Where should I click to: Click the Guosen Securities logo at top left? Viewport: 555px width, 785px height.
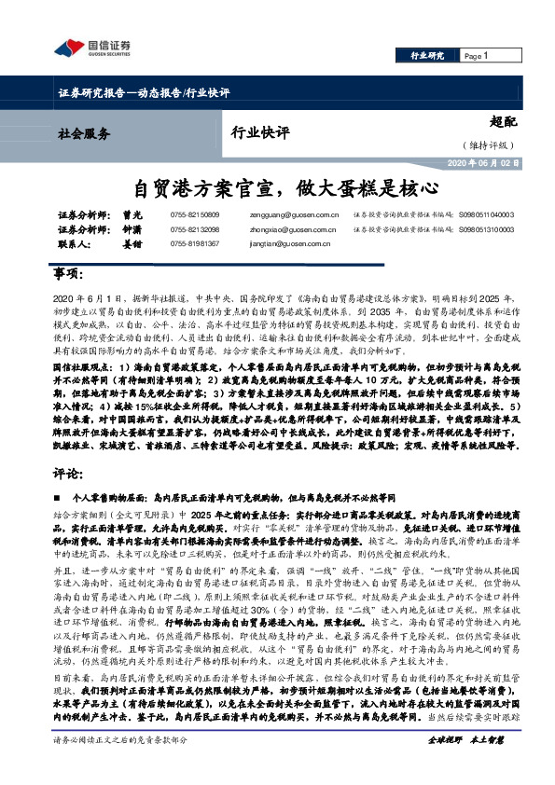point(92,47)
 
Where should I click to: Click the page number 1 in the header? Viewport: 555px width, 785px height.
point(486,56)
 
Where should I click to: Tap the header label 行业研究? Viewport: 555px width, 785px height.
point(427,56)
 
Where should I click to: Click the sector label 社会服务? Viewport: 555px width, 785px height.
point(84,132)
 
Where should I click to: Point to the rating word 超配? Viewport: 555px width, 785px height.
point(500,122)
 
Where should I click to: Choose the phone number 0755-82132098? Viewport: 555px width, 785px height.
point(195,228)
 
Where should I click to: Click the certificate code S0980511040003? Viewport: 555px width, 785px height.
point(486,213)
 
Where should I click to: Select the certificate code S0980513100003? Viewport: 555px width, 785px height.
point(486,228)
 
